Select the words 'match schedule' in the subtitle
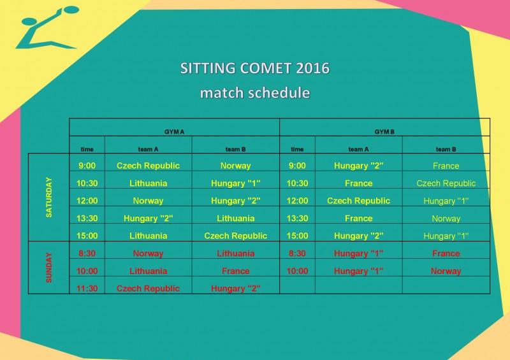click(x=255, y=92)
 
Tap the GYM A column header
click(x=174, y=132)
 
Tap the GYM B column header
click(x=384, y=132)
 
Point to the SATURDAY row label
click(x=49, y=197)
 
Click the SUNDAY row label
click(x=49, y=268)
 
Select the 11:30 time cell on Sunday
click(x=87, y=289)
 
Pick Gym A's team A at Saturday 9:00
click(x=148, y=166)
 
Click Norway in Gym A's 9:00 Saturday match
click(x=235, y=166)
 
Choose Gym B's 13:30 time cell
click(x=297, y=218)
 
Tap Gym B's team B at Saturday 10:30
click(x=446, y=183)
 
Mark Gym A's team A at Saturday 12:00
click(x=148, y=201)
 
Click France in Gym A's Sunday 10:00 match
click(x=235, y=271)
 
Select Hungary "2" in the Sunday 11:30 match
click(x=235, y=289)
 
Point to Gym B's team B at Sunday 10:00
click(x=446, y=271)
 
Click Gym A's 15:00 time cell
click(x=87, y=236)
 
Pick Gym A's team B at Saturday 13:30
click(x=235, y=218)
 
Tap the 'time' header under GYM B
click(x=297, y=149)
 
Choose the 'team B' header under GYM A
click(x=235, y=149)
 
